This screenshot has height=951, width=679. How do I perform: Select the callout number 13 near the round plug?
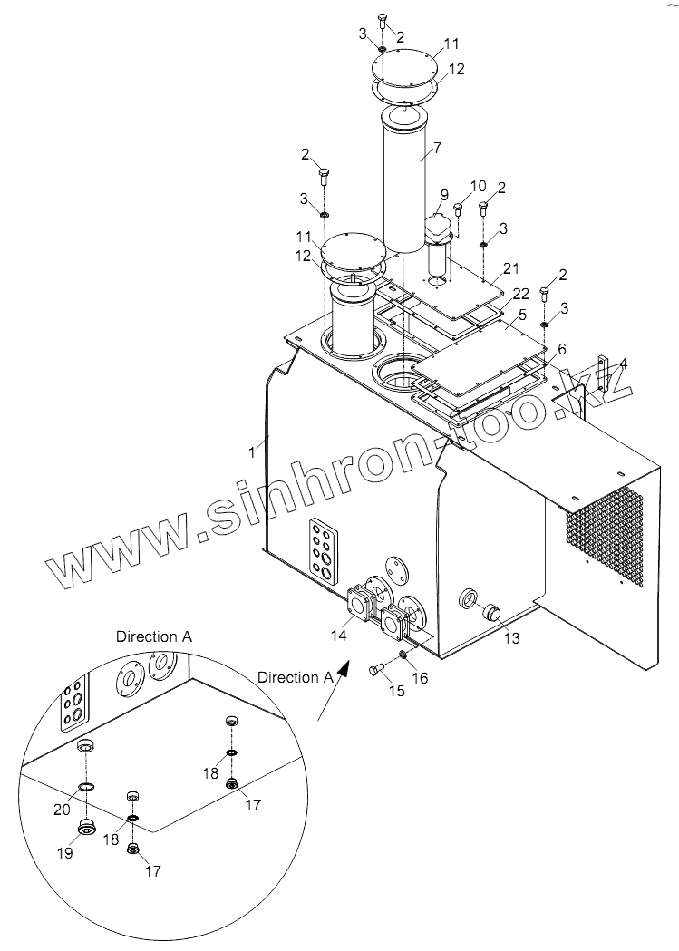512,638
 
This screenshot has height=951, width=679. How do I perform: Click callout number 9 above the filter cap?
444,195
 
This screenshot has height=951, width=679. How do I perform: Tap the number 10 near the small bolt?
478,187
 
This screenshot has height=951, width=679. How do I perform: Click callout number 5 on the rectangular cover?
522,315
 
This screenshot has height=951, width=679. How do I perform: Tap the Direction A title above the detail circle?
153,636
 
